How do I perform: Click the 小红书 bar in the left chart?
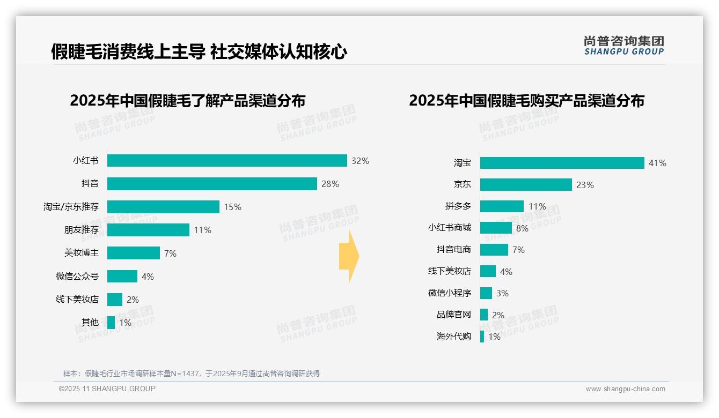(226, 161)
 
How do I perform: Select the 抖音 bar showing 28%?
(212, 184)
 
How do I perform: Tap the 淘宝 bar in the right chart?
(562, 163)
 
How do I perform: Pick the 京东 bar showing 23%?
(526, 185)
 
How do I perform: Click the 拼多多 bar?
(502, 206)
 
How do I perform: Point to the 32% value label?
(360, 161)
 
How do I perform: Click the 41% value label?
(657, 163)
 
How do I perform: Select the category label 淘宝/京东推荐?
(71, 207)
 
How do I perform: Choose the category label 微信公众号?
(77, 276)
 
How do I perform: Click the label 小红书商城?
(449, 228)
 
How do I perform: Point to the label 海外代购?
(453, 337)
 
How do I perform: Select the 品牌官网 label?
(453, 315)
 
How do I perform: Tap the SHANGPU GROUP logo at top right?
(623, 46)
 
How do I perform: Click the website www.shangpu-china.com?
(625, 389)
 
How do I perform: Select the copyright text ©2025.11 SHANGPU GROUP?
(107, 389)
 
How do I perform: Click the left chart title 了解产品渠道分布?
(187, 101)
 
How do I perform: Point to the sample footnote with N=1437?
(191, 374)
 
